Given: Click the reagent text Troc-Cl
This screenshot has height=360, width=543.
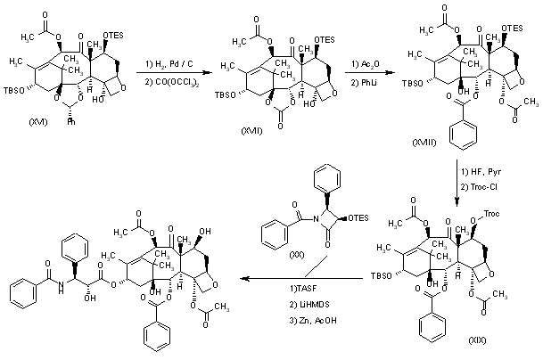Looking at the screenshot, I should (487, 184).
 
